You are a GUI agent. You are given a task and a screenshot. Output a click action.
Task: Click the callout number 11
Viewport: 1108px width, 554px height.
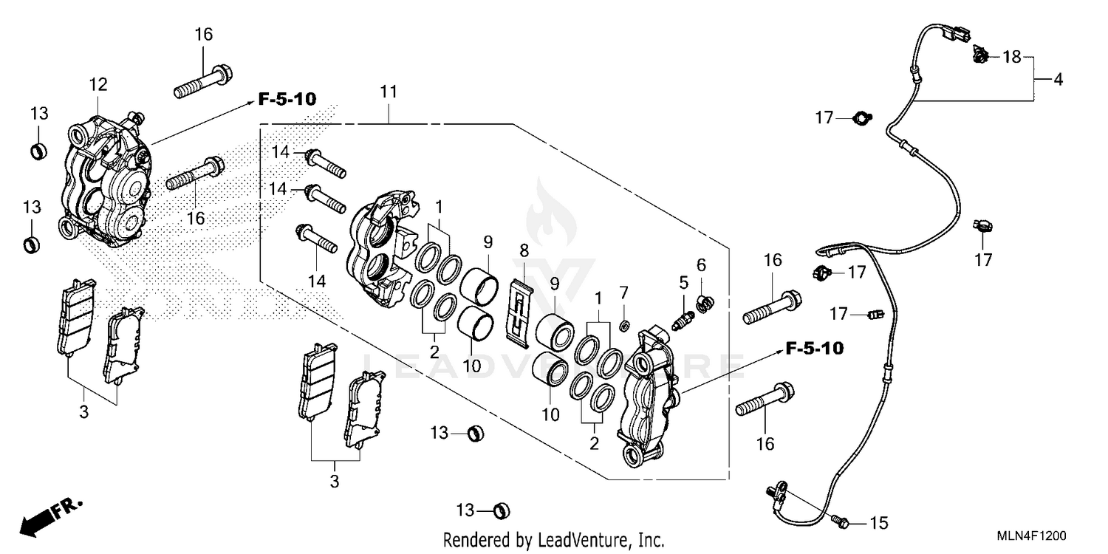[389, 92]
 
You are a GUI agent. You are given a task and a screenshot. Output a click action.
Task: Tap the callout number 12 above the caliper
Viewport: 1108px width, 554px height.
[98, 85]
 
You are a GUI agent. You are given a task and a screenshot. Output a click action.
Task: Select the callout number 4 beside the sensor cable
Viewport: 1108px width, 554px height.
[1058, 79]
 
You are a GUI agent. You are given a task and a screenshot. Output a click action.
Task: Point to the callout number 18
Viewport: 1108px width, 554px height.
[1011, 57]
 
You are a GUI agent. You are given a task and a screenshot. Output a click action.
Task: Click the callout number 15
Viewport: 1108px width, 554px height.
[878, 524]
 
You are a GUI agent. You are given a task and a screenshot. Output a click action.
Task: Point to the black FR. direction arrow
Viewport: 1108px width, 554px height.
[46, 518]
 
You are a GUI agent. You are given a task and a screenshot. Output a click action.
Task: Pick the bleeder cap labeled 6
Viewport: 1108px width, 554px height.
[705, 301]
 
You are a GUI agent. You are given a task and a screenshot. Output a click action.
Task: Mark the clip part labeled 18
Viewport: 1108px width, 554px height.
[981, 54]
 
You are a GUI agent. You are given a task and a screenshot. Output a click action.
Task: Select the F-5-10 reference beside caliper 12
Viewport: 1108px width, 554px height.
[287, 99]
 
